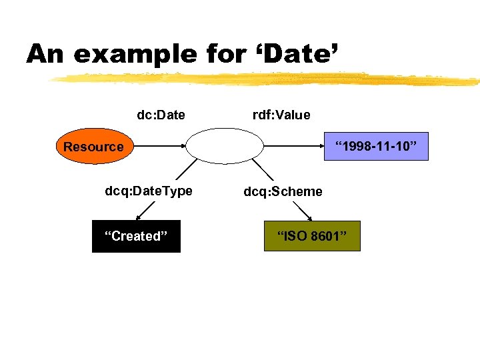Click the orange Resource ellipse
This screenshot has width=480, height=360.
coord(93,146)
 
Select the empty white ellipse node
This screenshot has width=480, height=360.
coord(226,145)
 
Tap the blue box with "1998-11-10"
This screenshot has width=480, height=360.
coord(381,145)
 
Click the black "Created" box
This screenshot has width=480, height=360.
coord(136,236)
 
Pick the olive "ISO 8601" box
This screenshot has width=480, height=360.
coord(312,236)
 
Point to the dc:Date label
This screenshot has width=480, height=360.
coord(161,115)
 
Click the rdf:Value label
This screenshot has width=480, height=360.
coord(281,115)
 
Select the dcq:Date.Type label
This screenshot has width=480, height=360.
coord(149,191)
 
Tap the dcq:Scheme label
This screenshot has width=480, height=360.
coord(283,192)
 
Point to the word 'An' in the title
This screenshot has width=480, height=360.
coord(46,53)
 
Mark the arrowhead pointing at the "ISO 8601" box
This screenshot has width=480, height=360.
coord(311,217)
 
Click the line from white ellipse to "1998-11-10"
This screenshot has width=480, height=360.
coord(300,145)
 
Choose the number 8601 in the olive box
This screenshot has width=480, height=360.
coord(326,236)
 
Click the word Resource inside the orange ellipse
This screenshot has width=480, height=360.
coord(93,147)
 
